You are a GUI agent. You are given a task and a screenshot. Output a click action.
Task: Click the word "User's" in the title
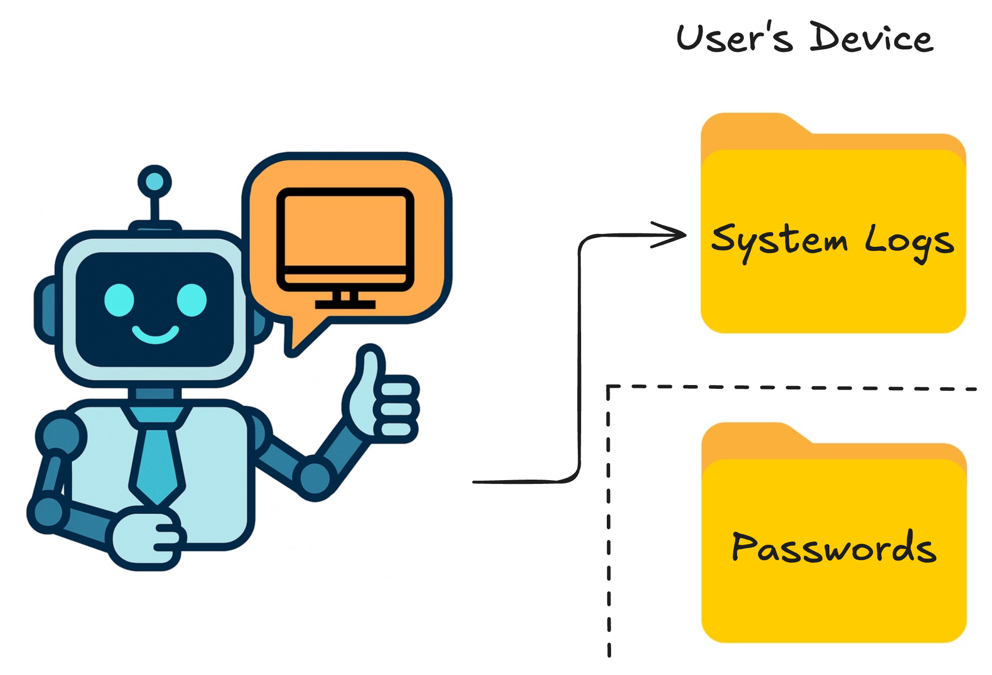pyautogui.click(x=735, y=38)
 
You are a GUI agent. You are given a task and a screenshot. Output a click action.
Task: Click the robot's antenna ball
pyautogui.click(x=155, y=182)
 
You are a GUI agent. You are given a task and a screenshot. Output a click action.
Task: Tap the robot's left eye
pyautogui.click(x=119, y=300)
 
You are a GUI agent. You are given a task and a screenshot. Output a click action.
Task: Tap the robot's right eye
pyautogui.click(x=192, y=300)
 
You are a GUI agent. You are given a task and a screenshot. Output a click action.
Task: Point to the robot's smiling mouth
pyautogui.click(x=156, y=334)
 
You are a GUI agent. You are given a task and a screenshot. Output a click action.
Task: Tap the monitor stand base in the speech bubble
pyautogui.click(x=345, y=304)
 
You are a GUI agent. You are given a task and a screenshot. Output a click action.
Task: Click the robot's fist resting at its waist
pyautogui.click(x=145, y=540)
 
